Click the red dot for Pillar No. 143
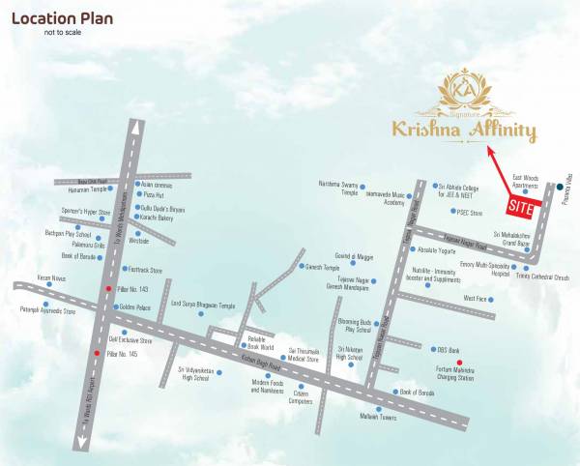coord(108,289)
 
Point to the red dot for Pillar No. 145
coord(96,356)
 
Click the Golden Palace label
coord(134,307)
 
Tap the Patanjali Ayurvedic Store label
coord(41,310)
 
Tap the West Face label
coord(476,299)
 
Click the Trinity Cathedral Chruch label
coord(544,277)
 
